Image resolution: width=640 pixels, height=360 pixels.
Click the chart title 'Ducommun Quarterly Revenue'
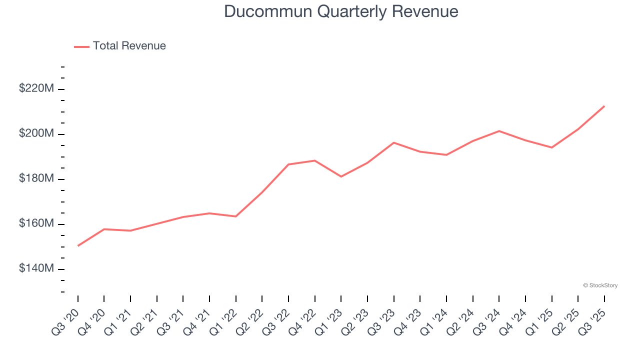tap(341, 11)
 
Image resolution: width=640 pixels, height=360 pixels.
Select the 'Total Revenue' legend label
tap(129, 46)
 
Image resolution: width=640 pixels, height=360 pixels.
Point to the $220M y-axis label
tap(36, 88)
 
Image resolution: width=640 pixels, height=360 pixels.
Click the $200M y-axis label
tap(36, 133)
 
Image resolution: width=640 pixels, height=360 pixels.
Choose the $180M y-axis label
tap(36, 178)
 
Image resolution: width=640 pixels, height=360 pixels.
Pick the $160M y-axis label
tap(36, 223)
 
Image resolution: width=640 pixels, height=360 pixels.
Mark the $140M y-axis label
tap(36, 268)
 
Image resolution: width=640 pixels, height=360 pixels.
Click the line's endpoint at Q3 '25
tap(604, 106)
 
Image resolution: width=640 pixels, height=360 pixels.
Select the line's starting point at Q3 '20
tap(78, 245)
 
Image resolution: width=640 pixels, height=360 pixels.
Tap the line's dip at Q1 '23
tap(341, 176)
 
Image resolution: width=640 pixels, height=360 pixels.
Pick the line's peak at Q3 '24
tap(499, 131)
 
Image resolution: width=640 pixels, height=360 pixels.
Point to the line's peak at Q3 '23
tap(394, 142)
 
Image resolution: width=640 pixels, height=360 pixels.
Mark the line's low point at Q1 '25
tap(552, 147)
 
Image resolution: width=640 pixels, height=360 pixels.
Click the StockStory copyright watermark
tap(600, 285)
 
